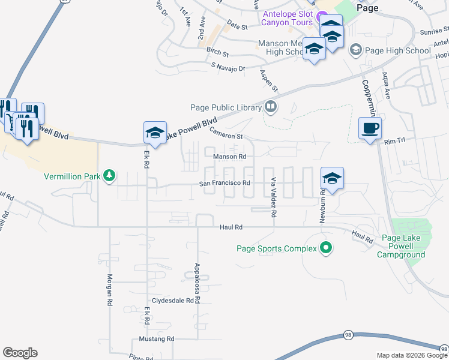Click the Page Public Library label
pos(225,107)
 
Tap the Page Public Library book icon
pos(271,107)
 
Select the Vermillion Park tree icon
pos(109,176)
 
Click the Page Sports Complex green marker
pos(326,247)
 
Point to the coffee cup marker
pos(370,128)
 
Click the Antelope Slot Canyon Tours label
pos(287,18)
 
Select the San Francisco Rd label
pos(224,183)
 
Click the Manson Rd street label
pos(230,157)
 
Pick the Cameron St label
pos(225,136)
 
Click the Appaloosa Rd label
pos(196,283)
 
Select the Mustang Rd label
pos(154,339)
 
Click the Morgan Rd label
pos(110,291)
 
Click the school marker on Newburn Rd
pos(332,178)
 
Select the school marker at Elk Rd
pos(155,133)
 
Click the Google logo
pos(20,352)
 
